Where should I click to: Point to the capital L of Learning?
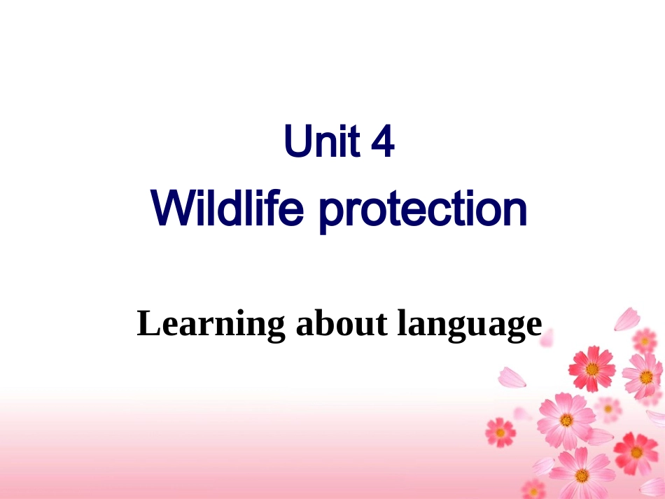[147, 323]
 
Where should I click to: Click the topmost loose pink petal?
[626, 318]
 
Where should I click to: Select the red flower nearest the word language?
[591, 367]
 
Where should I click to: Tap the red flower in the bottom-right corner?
[636, 452]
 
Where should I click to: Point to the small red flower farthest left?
[500, 431]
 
